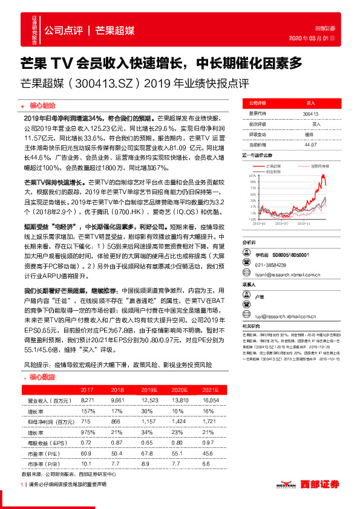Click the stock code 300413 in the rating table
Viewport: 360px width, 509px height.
(x=310, y=113)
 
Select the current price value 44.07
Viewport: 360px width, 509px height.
(x=310, y=144)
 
